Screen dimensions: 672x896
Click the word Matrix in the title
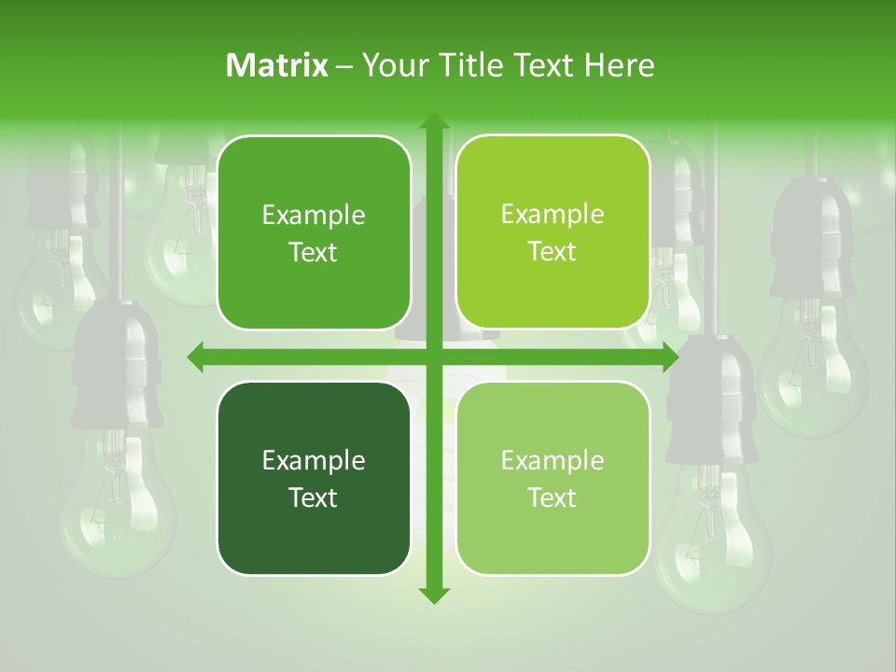277,65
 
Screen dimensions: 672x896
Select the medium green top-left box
314,232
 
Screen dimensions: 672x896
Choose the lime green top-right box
553,232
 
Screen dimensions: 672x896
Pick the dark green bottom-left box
314,478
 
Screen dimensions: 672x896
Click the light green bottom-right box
553,478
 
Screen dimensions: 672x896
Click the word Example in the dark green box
314,460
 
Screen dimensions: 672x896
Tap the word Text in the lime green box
553,251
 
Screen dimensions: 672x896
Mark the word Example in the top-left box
314,215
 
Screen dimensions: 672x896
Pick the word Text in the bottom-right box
553,497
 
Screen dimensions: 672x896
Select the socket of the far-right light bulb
811,238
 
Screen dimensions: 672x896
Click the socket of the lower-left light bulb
117,369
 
